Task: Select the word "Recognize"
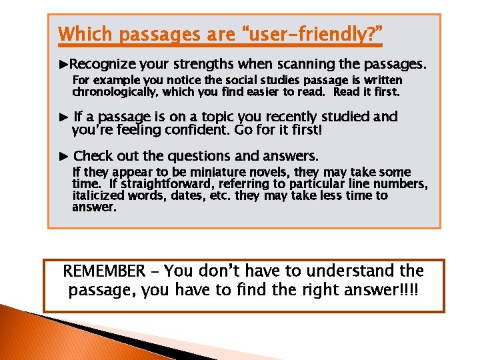(103, 65)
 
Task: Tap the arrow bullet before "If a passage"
(63, 117)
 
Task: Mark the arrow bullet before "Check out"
(63, 157)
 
